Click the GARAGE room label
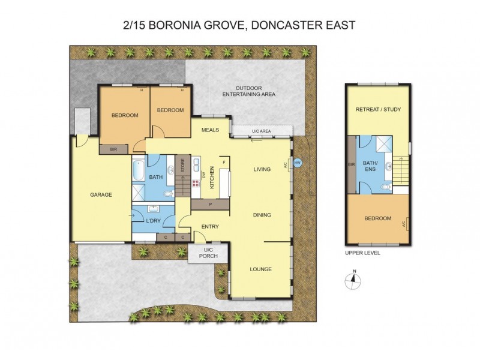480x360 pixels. tap(101, 194)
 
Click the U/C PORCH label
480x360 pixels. tap(202, 254)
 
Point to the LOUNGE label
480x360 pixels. tap(261, 269)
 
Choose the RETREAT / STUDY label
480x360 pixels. tap(378, 109)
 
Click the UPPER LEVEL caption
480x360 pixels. tap(362, 253)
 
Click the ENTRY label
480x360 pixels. tap(210, 226)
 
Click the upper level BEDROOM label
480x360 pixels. tap(378, 218)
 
